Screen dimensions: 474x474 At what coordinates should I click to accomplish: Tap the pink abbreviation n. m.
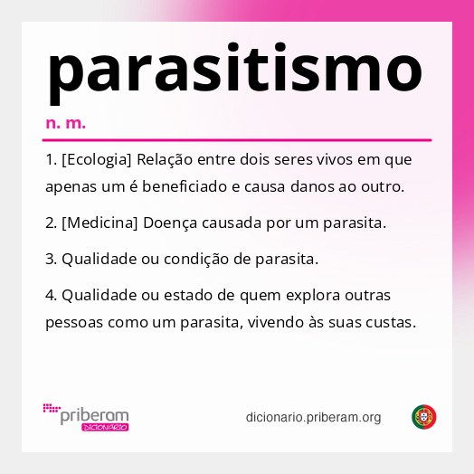click(65, 122)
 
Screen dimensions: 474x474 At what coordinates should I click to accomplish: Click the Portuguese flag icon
click(424, 417)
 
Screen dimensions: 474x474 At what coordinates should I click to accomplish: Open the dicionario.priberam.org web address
click(313, 417)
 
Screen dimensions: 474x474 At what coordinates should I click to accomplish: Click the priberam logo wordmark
click(93, 415)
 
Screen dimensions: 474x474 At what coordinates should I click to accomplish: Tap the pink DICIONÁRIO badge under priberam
click(105, 427)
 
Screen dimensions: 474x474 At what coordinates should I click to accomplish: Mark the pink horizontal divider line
click(237, 140)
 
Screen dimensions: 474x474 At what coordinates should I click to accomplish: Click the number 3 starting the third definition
click(50, 259)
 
